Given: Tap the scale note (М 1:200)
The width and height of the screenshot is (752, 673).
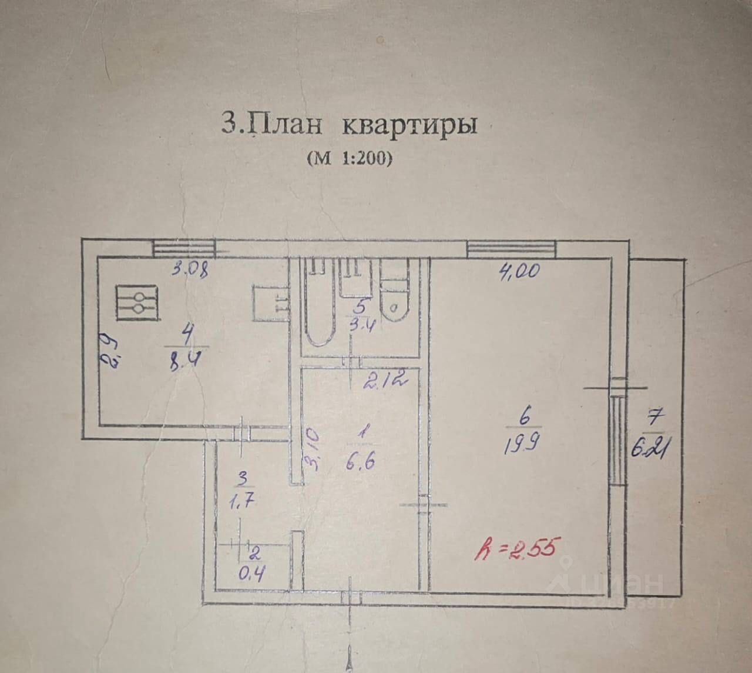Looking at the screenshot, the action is tap(349, 158).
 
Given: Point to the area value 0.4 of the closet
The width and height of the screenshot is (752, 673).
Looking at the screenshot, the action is tap(254, 572).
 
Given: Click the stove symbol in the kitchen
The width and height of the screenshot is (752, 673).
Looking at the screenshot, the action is tap(137, 303).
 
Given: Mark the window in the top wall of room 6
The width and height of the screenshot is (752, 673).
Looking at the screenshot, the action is tap(511, 249).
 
